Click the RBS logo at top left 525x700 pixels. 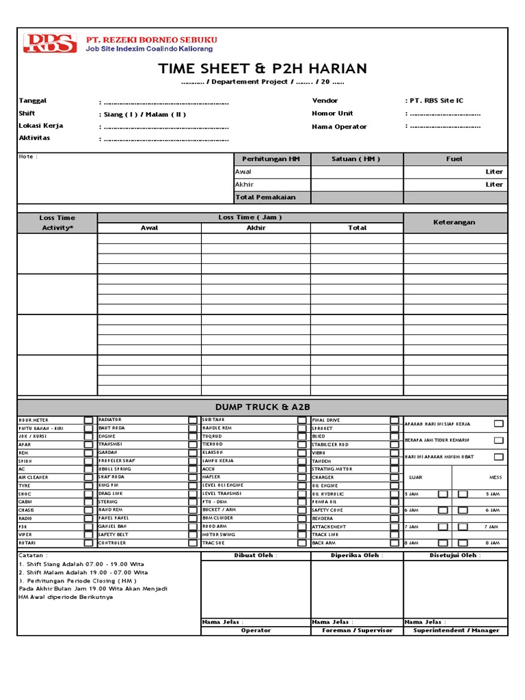coord(50,43)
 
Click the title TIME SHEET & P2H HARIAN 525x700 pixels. coord(262,68)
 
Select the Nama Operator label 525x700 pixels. coord(339,126)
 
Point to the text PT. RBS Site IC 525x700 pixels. coord(434,100)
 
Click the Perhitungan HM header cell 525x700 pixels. coord(271,159)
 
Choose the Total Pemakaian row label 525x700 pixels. coord(266,197)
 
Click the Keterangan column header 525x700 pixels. coord(454,222)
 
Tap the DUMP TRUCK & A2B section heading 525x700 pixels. coord(262,407)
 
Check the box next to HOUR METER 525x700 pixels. coord(89,420)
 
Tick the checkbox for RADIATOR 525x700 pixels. coord(193,420)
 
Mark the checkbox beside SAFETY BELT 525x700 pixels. coord(193,535)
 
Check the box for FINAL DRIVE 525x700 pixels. coord(394,420)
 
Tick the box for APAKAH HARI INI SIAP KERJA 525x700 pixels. coord(498,424)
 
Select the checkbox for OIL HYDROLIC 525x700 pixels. coord(394,494)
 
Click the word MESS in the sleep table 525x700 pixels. coord(496,477)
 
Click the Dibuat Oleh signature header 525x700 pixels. coord(255,555)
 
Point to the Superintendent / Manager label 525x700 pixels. coord(456,630)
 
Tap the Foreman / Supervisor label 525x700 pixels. coord(357,630)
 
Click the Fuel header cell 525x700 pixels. coord(454,159)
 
